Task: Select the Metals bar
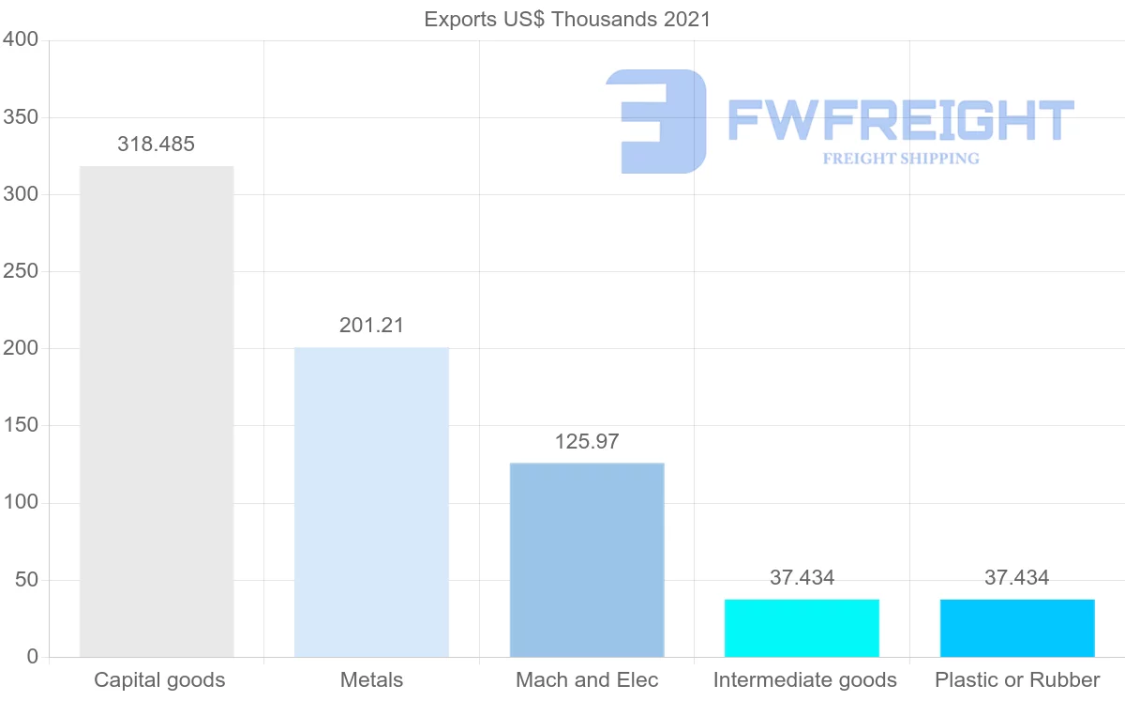(371, 502)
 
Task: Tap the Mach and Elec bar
(587, 559)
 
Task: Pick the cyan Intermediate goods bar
(802, 628)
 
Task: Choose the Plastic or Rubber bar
(1017, 628)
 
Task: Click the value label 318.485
(156, 145)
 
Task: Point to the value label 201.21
(371, 326)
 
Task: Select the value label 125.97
(587, 442)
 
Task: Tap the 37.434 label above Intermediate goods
(802, 578)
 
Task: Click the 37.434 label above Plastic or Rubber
(1017, 578)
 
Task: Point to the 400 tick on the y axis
(20, 39)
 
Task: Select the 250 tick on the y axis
(20, 271)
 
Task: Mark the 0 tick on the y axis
(33, 657)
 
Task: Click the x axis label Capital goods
(159, 680)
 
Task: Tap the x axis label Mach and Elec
(587, 680)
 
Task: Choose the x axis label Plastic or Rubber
(1017, 680)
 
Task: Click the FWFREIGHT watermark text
(900, 120)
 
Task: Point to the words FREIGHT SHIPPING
(901, 159)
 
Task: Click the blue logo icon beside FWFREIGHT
(656, 121)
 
